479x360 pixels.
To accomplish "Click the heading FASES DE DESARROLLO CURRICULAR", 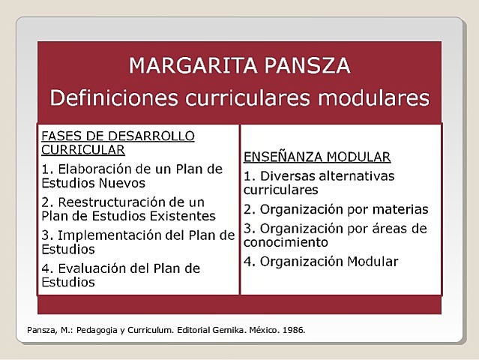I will tap(117, 142).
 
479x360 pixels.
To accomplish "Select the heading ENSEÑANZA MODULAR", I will tap(317, 157).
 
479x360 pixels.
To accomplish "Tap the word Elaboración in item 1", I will tap(92, 169).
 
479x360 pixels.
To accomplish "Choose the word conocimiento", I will tap(286, 242).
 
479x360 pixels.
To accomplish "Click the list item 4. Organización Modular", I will tap(321, 261).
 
